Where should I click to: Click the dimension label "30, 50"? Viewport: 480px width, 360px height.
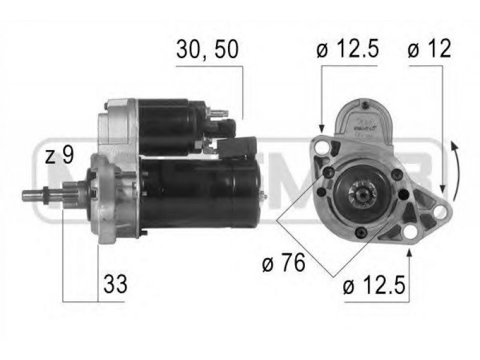point(207,49)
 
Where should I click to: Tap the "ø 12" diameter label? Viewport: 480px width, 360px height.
point(429,49)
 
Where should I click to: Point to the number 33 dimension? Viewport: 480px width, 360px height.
point(115,284)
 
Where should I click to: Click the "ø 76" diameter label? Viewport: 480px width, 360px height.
point(284,262)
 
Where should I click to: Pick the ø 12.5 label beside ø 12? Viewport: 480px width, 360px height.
point(347,49)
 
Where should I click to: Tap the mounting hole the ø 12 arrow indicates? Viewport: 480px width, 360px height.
point(440,211)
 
